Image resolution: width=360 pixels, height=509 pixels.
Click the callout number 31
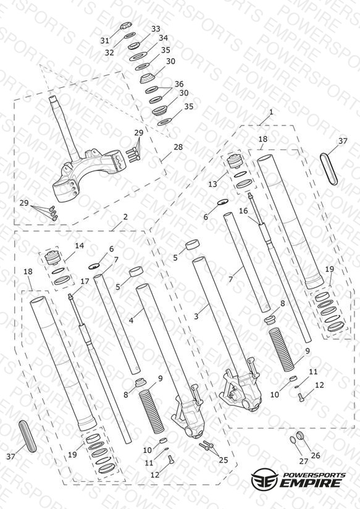point(104,41)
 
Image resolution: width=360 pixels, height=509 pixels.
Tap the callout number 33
point(156,29)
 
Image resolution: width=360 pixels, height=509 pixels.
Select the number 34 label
point(163,38)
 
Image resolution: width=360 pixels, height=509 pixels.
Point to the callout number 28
point(178,147)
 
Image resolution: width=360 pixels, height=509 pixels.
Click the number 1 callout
point(271,112)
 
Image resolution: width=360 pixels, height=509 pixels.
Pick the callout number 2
point(125,217)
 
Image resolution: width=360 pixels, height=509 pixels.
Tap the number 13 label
point(212,184)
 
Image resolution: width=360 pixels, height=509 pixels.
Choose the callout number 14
point(80,245)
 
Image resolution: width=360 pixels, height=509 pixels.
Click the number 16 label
point(243,211)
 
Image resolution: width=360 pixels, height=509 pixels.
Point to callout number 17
point(85,282)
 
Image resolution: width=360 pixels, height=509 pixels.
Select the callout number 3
point(196,316)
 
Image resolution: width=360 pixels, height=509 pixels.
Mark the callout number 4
point(131,321)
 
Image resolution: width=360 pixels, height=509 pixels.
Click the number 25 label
point(224,460)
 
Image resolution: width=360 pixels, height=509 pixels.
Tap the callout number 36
point(179,84)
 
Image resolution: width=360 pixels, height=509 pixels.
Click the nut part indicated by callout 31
point(125,25)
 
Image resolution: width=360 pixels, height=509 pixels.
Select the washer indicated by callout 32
point(130,35)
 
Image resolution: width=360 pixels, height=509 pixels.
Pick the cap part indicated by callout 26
point(301,435)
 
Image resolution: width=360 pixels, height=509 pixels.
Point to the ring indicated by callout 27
point(292,440)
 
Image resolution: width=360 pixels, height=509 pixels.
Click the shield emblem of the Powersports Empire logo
point(265,478)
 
